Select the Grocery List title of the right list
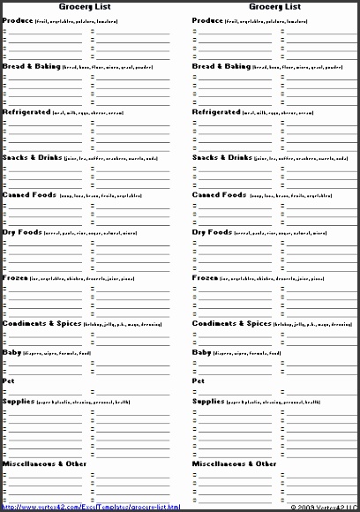[x=269, y=6]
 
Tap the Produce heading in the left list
[x=18, y=19]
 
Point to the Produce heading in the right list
[x=207, y=19]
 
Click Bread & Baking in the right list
[x=221, y=66]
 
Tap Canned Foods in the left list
[x=29, y=195]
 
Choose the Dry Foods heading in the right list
[x=212, y=232]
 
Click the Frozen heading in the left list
[x=15, y=277]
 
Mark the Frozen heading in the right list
[x=205, y=277]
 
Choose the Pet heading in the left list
[x=8, y=380]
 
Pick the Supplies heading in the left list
[x=19, y=401]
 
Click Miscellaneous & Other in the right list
[x=234, y=463]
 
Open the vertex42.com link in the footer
[x=91, y=507]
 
